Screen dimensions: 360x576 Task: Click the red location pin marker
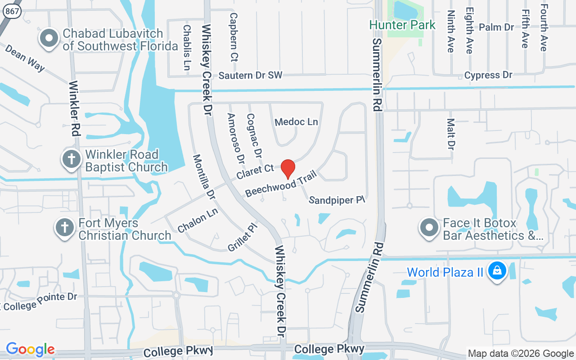point(288,169)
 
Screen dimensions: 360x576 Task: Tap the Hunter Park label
point(402,25)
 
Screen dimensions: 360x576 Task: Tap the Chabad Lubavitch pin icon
point(49,39)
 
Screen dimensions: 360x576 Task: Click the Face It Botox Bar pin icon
point(429,229)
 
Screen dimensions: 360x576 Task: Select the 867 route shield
point(13,12)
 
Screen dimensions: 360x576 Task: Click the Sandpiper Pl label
point(337,200)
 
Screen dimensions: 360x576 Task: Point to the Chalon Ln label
point(198,220)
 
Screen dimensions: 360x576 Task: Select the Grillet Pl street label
point(242,238)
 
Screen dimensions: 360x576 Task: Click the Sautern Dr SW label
point(250,75)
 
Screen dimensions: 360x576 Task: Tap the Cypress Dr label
point(488,75)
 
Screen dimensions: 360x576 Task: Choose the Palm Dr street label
point(496,27)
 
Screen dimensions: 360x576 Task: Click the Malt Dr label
point(450,134)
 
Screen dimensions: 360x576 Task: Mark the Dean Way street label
point(25,58)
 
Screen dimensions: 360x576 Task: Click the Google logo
point(31,349)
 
